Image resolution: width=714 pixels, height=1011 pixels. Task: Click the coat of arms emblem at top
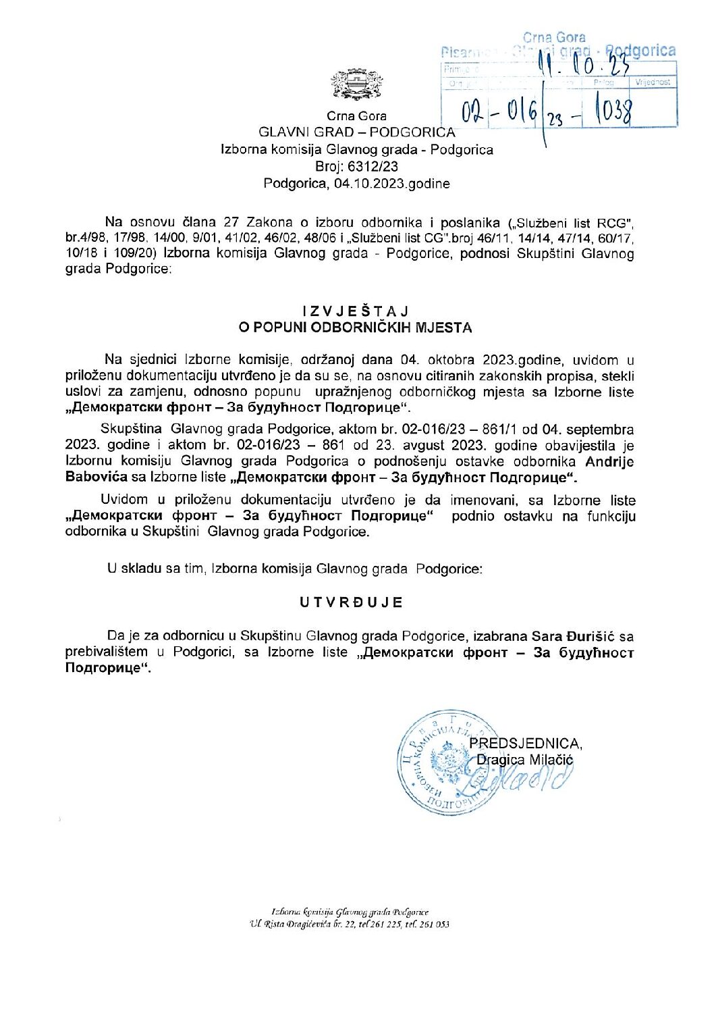tap(356, 84)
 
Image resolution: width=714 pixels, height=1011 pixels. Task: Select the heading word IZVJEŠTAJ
tap(356, 311)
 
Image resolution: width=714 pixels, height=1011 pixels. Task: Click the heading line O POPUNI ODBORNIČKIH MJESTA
tap(356, 328)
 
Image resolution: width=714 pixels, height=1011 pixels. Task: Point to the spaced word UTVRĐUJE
tap(352, 602)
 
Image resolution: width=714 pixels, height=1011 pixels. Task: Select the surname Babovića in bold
tap(97, 477)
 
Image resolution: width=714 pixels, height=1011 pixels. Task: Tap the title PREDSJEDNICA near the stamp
tap(525, 744)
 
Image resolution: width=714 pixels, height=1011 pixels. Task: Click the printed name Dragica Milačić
tap(524, 760)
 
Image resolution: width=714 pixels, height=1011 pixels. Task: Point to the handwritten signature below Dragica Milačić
tap(520, 780)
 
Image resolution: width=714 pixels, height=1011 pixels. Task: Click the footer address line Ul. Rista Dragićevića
tap(350, 924)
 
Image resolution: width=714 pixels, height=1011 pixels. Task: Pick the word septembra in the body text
tap(600, 430)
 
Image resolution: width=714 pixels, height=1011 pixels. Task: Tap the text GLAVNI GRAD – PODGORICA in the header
tap(356, 132)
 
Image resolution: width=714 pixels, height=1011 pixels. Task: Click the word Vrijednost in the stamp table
tap(653, 82)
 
